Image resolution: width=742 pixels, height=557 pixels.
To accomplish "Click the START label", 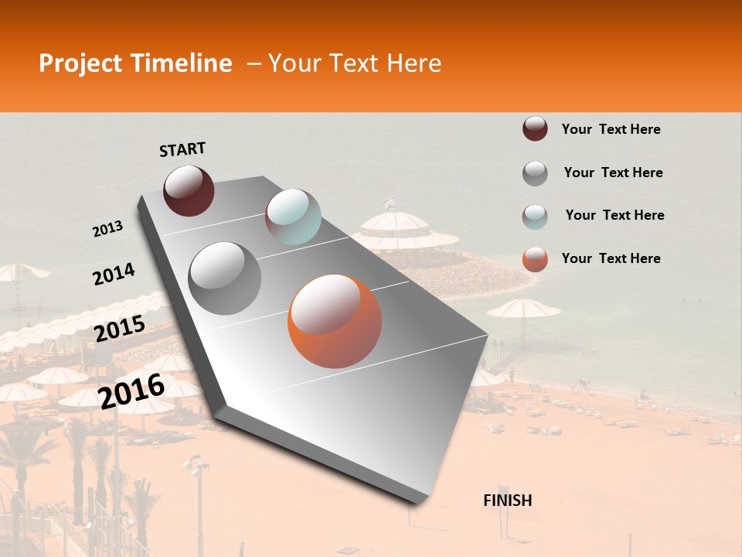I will [x=182, y=149].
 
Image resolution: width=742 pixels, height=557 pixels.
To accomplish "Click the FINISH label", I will [x=508, y=501].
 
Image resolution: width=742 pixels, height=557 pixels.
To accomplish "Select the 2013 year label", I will [x=107, y=229].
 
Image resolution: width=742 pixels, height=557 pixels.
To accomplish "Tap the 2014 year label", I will [x=114, y=274].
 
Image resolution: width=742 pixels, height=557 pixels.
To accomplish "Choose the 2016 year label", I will [x=131, y=391].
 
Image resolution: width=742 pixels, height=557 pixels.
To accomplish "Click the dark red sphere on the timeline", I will [x=189, y=190].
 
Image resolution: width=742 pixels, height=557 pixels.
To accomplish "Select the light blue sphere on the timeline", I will [x=293, y=217].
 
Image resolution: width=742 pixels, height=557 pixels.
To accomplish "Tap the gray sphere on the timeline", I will [x=225, y=278].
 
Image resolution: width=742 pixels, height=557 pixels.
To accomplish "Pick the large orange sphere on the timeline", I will [x=335, y=321].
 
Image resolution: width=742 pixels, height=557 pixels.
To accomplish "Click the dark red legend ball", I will [x=535, y=129].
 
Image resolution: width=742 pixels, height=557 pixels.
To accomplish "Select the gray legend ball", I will [x=535, y=173].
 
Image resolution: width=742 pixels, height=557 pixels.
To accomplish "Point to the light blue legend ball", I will [x=535, y=217].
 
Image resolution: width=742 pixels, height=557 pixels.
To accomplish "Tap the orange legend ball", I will [x=535, y=259].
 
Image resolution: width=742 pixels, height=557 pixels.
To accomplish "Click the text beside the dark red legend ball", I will [x=611, y=129].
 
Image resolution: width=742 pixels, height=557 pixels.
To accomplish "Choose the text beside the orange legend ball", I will [x=611, y=258].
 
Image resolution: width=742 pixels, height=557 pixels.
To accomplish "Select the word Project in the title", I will [x=80, y=63].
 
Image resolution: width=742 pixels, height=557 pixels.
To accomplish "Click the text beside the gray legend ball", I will [x=613, y=173].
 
